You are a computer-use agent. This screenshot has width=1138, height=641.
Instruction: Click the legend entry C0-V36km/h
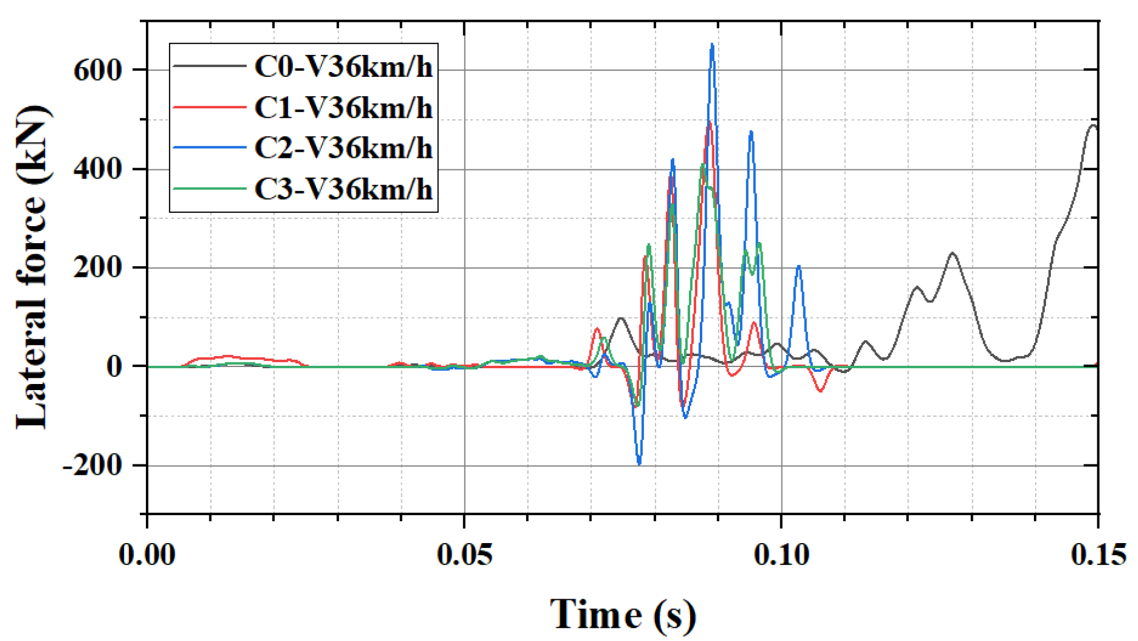click(x=343, y=67)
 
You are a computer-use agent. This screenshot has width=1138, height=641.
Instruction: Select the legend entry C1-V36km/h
click(x=343, y=108)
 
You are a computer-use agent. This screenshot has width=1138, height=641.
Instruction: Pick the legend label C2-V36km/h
click(x=343, y=148)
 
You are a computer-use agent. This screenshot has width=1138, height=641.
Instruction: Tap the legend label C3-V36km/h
click(x=343, y=189)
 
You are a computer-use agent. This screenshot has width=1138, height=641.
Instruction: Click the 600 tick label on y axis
click(x=97, y=70)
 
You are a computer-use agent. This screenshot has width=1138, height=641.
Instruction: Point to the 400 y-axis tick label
click(x=97, y=169)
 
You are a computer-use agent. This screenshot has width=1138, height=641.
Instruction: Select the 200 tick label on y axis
click(x=97, y=268)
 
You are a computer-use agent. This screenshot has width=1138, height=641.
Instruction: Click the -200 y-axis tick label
click(x=92, y=466)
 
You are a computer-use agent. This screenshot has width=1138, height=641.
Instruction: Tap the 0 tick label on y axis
click(x=114, y=366)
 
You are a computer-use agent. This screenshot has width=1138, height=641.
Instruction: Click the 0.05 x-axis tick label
click(x=464, y=555)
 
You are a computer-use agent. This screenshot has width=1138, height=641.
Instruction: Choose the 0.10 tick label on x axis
click(x=781, y=555)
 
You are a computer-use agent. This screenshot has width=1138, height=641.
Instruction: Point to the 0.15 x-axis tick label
click(x=1098, y=555)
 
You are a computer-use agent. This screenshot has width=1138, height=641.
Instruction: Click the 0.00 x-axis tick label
click(x=147, y=555)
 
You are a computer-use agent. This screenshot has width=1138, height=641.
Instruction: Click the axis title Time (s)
click(x=623, y=615)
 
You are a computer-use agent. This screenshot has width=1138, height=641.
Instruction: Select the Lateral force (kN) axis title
click(x=31, y=267)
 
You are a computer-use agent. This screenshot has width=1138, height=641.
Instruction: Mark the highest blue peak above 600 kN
click(x=712, y=45)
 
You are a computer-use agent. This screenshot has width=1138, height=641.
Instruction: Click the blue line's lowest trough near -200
click(x=639, y=463)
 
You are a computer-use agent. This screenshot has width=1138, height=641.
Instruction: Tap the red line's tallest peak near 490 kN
click(x=709, y=123)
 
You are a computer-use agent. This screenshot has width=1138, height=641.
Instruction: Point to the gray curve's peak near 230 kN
click(x=953, y=253)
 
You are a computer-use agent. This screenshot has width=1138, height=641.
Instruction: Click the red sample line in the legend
click(x=209, y=107)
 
